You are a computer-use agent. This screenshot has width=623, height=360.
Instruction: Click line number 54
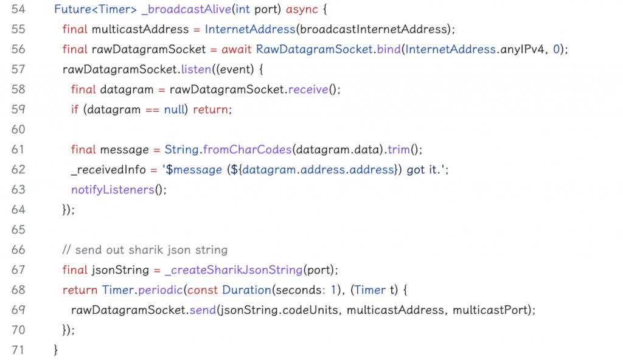pos(18,9)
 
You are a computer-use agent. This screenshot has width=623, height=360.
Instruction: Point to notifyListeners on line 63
pos(113,190)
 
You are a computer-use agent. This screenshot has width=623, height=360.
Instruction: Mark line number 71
pos(18,350)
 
